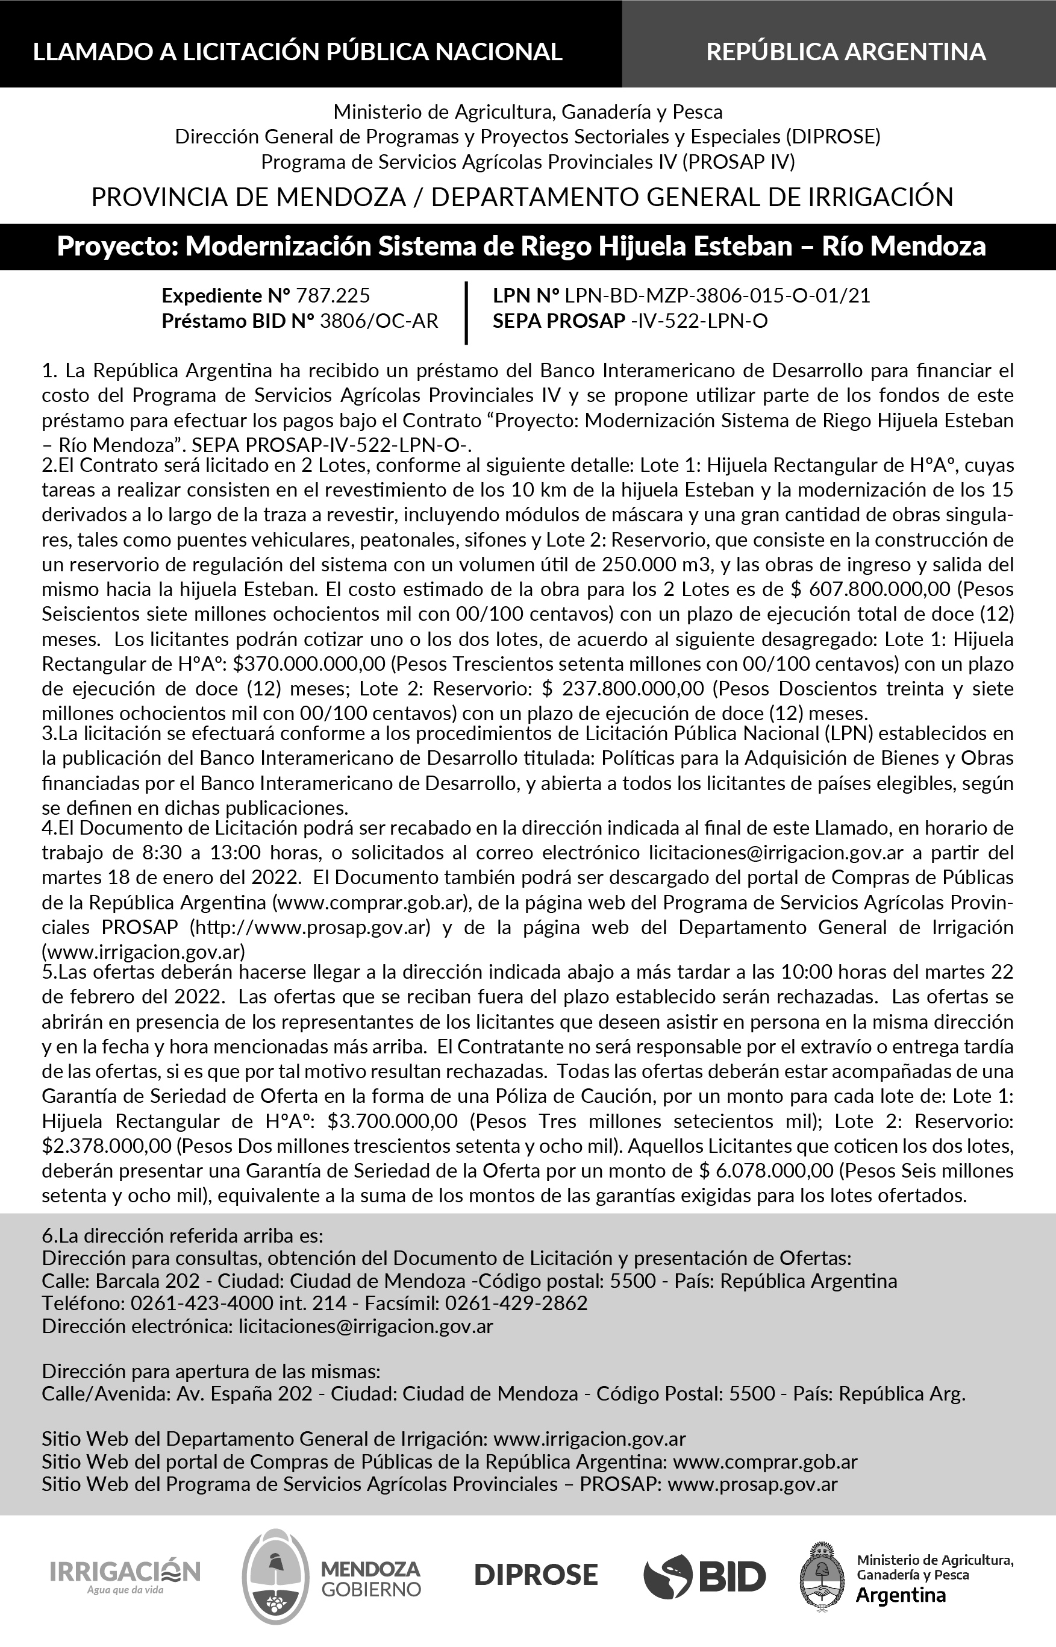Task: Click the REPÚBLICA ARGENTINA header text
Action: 846,51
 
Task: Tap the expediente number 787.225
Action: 333,296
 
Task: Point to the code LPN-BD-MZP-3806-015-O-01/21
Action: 717,296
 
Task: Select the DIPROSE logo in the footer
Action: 536,1574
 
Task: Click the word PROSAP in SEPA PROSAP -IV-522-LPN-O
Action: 585,321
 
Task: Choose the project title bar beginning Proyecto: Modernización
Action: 521,246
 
